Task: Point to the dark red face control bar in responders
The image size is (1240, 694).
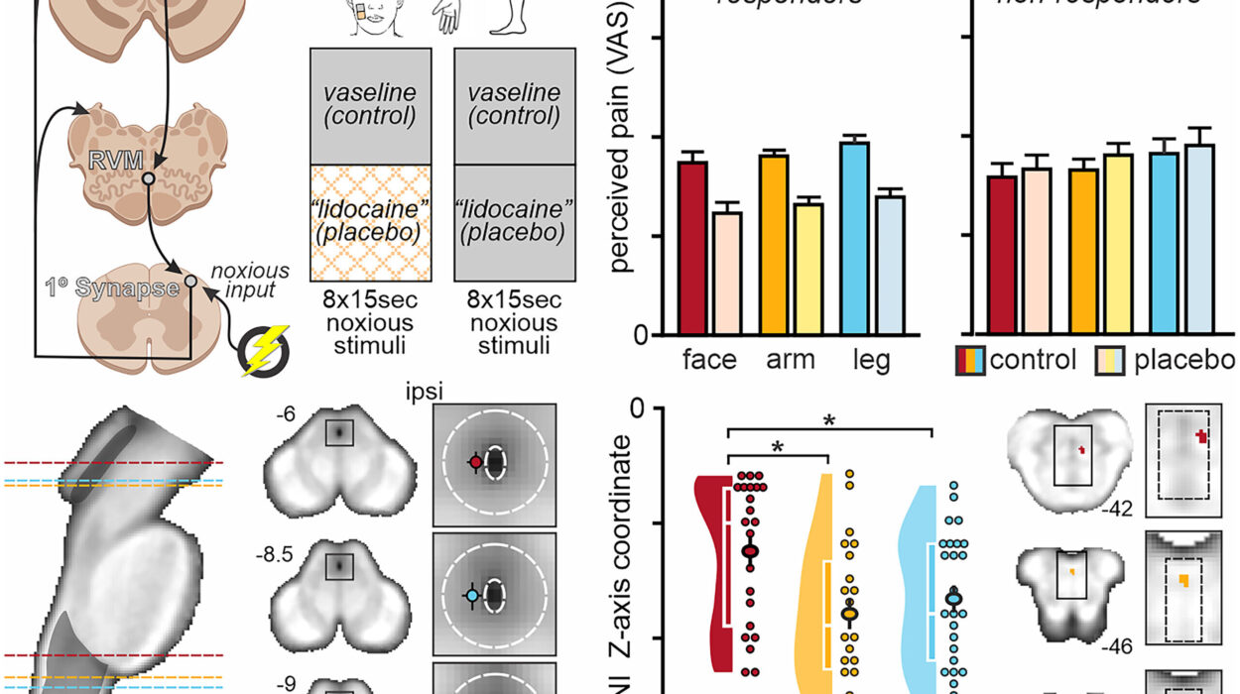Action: [x=691, y=248]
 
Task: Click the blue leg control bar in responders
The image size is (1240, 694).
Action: [x=854, y=238]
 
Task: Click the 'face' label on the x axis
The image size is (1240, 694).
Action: [x=710, y=359]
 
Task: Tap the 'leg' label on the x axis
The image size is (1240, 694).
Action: [x=870, y=359]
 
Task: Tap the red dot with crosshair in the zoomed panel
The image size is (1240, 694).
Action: [x=475, y=462]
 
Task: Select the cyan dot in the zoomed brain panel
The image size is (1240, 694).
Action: [x=472, y=595]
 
